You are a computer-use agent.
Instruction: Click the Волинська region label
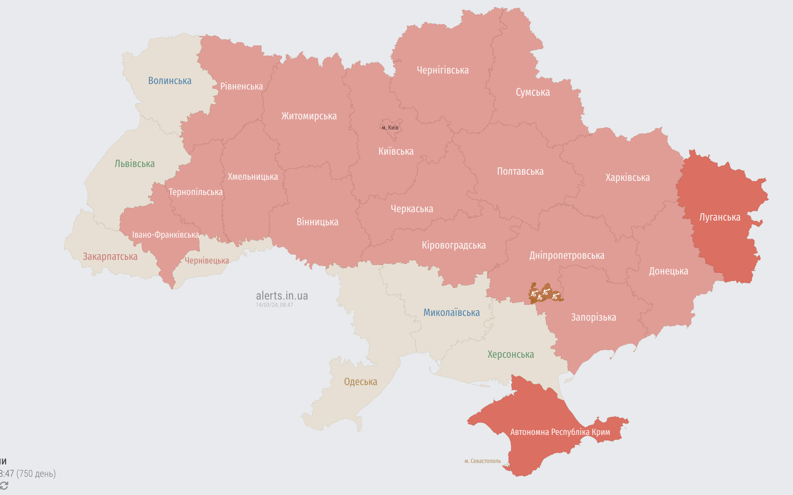click(x=170, y=81)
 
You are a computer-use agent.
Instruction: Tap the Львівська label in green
click(x=135, y=164)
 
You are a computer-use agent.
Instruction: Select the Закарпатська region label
click(x=110, y=257)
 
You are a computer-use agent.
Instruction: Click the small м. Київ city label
click(x=390, y=128)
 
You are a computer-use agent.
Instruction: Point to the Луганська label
click(x=720, y=217)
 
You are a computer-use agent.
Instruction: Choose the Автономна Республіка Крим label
click(x=560, y=432)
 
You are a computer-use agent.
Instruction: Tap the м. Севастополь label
click(x=482, y=461)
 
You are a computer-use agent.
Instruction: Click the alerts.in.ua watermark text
click(x=282, y=296)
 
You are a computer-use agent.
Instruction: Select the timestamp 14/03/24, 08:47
click(x=274, y=305)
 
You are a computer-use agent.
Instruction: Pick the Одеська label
click(x=360, y=382)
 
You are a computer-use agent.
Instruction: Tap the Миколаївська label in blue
click(x=451, y=313)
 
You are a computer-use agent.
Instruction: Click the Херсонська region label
click(x=511, y=355)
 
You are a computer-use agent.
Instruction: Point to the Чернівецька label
click(x=207, y=261)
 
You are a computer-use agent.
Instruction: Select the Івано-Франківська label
click(x=166, y=235)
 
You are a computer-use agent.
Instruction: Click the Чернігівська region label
click(x=443, y=70)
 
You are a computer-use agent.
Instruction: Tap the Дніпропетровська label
click(x=567, y=256)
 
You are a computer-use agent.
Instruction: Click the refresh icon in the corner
click(x=4, y=486)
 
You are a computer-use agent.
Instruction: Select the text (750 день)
click(x=36, y=474)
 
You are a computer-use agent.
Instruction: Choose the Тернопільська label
click(x=196, y=192)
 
